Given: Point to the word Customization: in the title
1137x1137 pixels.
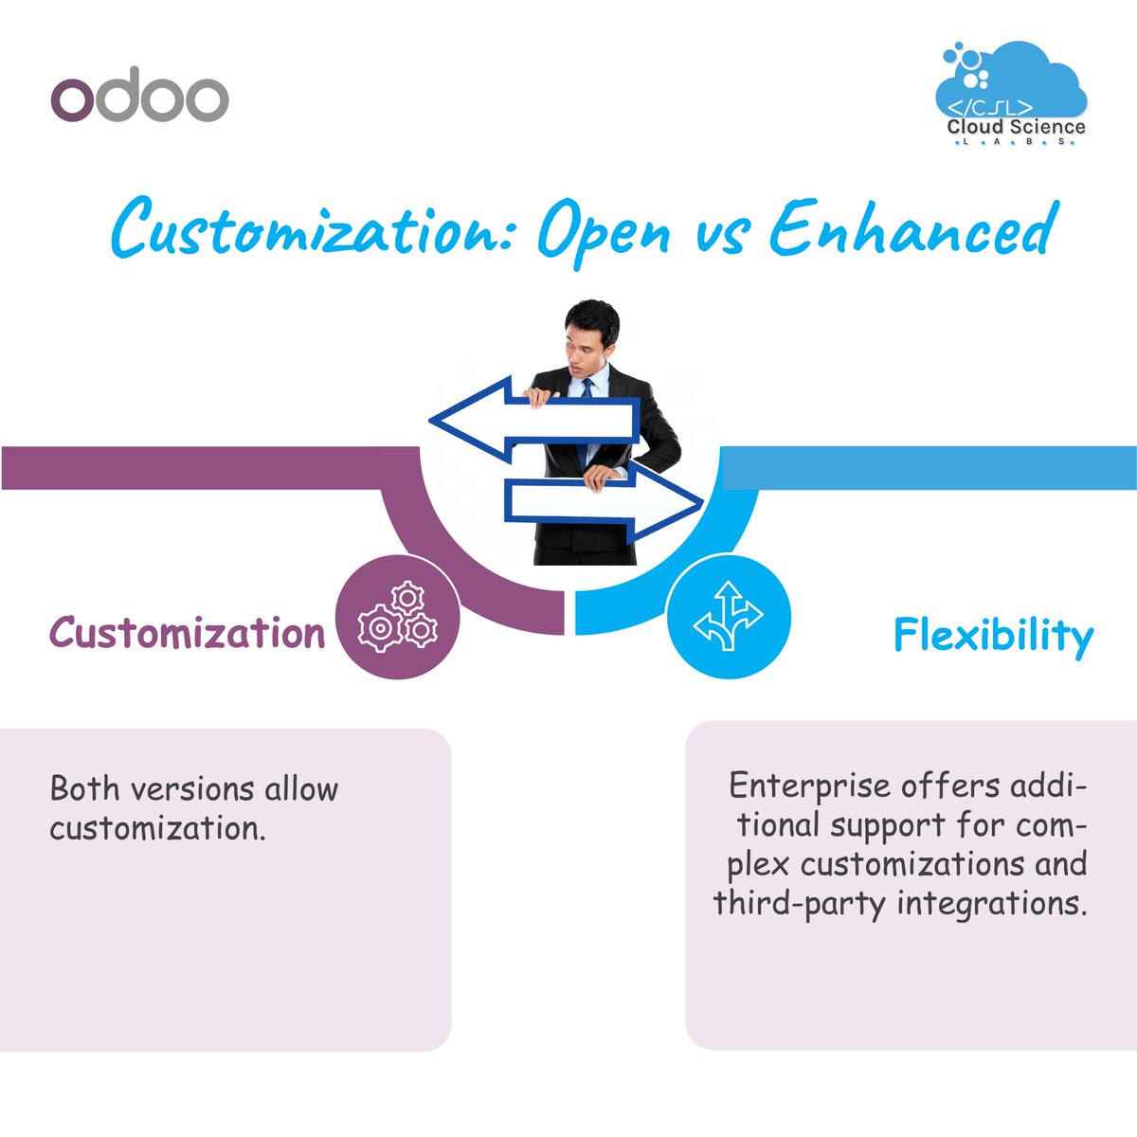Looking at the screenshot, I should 313,230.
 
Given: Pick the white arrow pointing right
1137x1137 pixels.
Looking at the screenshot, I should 606,500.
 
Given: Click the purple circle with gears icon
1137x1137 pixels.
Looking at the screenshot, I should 398,617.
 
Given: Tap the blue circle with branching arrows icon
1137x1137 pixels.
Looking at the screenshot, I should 728,617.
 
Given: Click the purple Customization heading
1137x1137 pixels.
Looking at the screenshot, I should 188,633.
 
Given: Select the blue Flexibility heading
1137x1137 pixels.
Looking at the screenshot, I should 993,635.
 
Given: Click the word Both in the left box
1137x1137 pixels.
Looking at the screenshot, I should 87,788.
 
